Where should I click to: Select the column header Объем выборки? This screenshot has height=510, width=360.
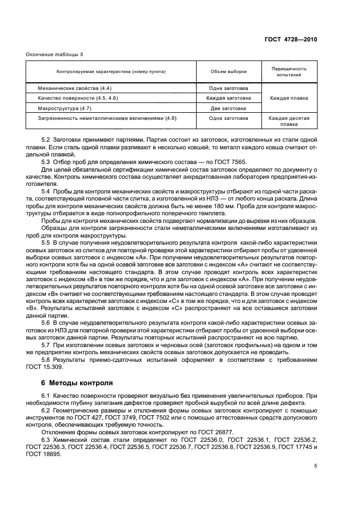(228, 72)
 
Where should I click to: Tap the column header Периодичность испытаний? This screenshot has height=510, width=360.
(289, 72)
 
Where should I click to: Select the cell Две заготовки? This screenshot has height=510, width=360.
(228, 108)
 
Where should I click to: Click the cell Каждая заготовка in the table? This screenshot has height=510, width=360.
(228, 98)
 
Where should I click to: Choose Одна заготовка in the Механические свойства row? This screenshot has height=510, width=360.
(228, 88)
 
